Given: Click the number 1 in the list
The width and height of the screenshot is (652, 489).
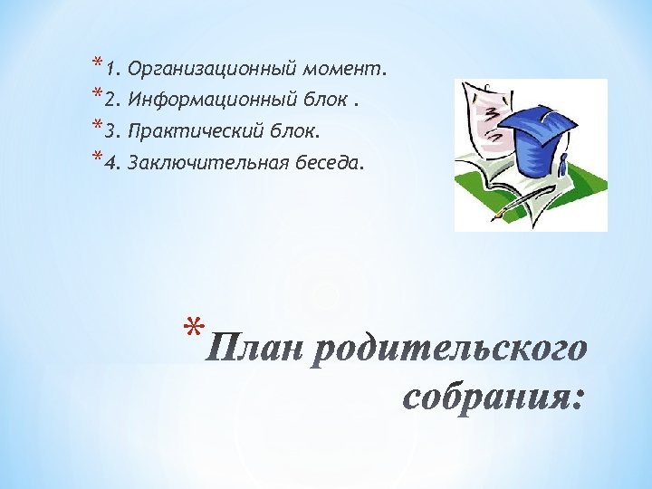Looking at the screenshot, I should click(x=110, y=69).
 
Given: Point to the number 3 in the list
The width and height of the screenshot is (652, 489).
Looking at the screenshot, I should click(x=110, y=132).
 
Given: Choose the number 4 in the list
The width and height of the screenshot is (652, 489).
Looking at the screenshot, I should click(x=110, y=164).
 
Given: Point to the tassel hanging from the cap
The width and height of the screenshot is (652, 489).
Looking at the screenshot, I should click(x=563, y=163).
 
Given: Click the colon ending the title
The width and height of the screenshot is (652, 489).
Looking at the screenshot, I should click(x=578, y=399).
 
